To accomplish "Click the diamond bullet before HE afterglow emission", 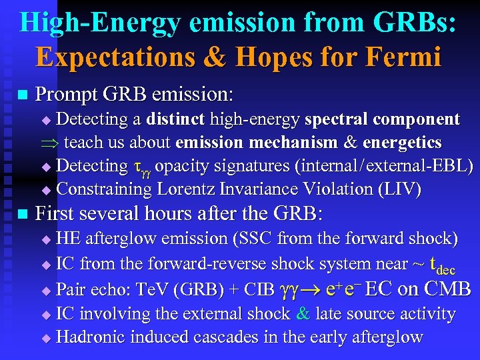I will pyautogui.click(x=47, y=239).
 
